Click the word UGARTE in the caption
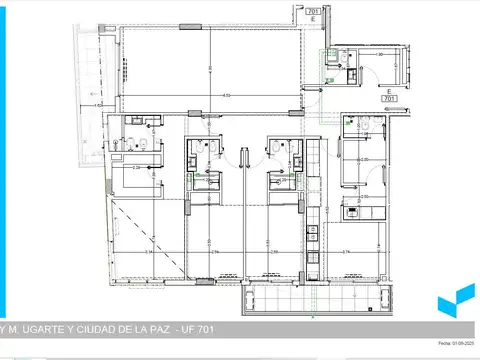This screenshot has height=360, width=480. (46, 331)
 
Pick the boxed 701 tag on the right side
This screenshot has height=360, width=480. (391, 99)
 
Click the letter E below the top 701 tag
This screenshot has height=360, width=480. (313, 22)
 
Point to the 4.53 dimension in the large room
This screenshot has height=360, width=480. (227, 96)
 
